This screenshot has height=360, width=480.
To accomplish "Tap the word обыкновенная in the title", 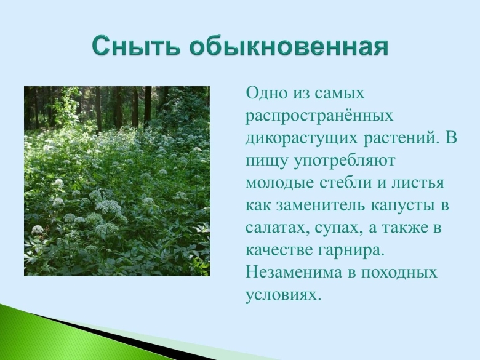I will [x=289, y=47].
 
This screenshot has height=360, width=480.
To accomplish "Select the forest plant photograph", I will [x=117, y=181].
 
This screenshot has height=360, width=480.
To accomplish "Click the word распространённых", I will [x=319, y=116].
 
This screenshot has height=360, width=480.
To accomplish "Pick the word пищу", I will [x=266, y=161].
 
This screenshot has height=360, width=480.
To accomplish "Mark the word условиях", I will [x=283, y=294].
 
